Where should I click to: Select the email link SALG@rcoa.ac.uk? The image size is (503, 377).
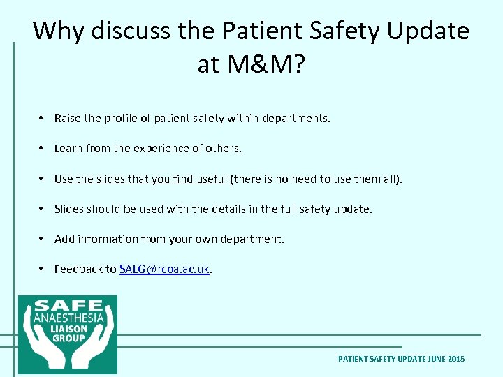(x=164, y=269)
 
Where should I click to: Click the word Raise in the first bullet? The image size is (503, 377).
(x=68, y=119)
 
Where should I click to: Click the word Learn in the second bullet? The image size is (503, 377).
(x=68, y=148)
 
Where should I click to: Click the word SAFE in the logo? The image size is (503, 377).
(x=68, y=306)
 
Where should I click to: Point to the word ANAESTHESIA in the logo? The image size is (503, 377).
(x=68, y=318)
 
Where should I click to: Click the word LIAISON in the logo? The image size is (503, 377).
(x=68, y=329)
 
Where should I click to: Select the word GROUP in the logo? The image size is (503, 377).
(x=68, y=339)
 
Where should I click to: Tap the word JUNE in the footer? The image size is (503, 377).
(x=430, y=359)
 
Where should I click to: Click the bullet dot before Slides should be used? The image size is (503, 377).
(x=43, y=209)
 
